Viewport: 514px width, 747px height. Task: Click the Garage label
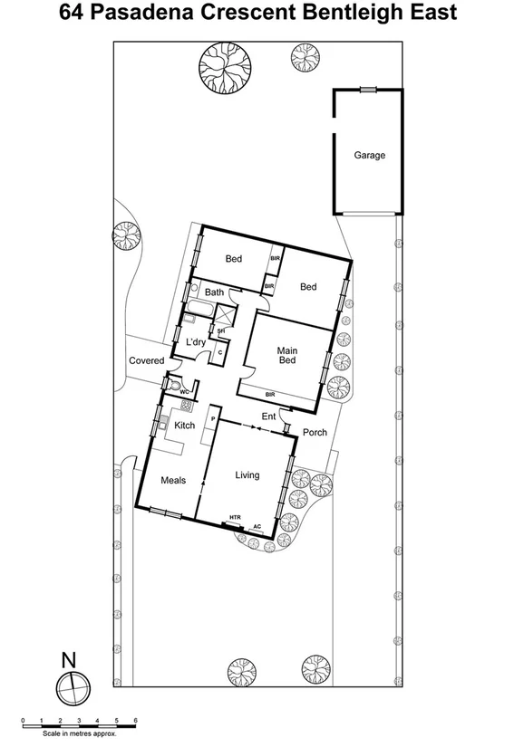369,155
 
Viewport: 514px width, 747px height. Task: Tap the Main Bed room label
286,354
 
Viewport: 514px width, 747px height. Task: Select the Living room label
247,475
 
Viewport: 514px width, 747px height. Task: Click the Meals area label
173,481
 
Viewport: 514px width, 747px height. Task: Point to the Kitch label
185,426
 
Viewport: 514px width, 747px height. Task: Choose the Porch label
315,432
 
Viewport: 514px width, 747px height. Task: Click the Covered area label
146,360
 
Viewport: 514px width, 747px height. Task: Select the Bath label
214,292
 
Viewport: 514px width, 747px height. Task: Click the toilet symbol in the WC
174,384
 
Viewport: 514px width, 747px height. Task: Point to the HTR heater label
235,518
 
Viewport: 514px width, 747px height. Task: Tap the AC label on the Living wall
257,524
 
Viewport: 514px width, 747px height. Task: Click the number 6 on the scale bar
135,721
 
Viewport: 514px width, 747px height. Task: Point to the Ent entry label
268,417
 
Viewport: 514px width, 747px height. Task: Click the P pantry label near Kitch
213,419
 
